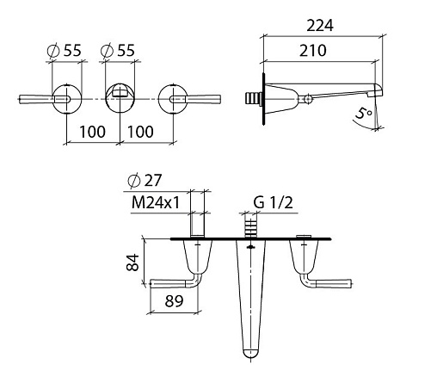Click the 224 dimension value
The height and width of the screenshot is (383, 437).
tap(320, 26)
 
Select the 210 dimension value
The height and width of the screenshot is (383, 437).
tap(313, 51)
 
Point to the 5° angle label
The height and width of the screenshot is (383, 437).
tap(364, 113)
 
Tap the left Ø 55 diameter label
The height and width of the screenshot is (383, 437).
tap(65, 51)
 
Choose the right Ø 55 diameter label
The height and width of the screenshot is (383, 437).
tap(118, 51)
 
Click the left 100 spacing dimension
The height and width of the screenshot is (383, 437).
tap(92, 132)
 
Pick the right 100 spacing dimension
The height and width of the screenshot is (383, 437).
tap(140, 132)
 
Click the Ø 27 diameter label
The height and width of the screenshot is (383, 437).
tap(145, 181)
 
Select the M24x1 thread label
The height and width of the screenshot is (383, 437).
tap(156, 202)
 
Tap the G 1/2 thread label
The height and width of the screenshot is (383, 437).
tap(274, 202)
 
